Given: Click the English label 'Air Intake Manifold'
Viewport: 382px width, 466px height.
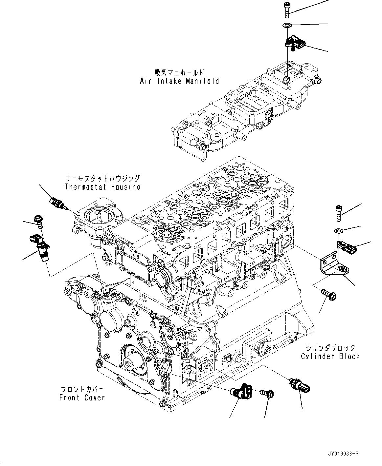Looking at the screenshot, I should (x=179, y=81).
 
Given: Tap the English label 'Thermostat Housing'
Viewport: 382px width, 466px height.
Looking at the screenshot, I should (x=102, y=187).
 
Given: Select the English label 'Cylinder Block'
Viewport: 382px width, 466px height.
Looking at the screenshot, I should (x=330, y=356).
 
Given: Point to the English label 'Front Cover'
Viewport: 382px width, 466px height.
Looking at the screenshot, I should (x=82, y=398).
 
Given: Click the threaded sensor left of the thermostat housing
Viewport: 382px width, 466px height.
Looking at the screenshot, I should (x=57, y=203).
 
